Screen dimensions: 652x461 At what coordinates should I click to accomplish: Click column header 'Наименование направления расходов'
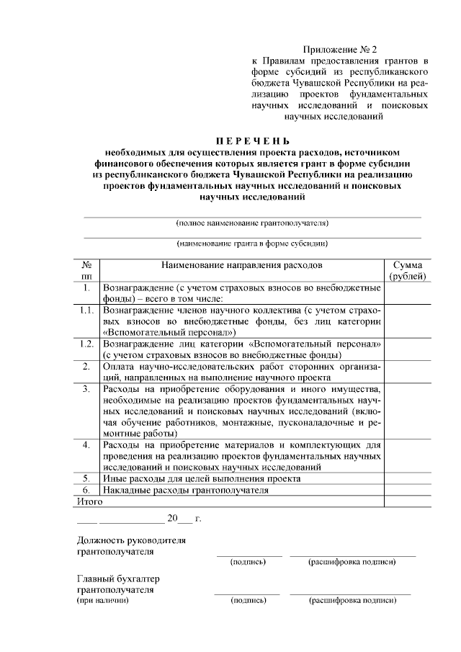(x=242, y=265)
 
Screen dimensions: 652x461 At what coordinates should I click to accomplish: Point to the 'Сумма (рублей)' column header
(x=408, y=270)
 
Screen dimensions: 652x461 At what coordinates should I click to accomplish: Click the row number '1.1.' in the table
(x=86, y=311)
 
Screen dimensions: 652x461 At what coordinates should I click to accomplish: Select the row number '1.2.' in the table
(x=86, y=344)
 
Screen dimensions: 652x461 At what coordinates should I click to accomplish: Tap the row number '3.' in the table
(x=86, y=389)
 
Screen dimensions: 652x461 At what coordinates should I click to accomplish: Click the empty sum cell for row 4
(x=408, y=456)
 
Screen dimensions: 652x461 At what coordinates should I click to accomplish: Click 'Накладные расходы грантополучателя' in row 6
(x=186, y=490)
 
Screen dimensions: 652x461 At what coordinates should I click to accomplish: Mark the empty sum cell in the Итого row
(x=408, y=501)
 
